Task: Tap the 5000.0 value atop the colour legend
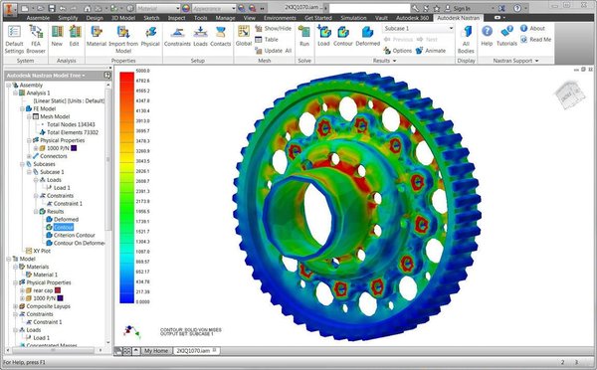(142, 72)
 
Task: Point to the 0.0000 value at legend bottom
(142, 298)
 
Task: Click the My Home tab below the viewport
(155, 351)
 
